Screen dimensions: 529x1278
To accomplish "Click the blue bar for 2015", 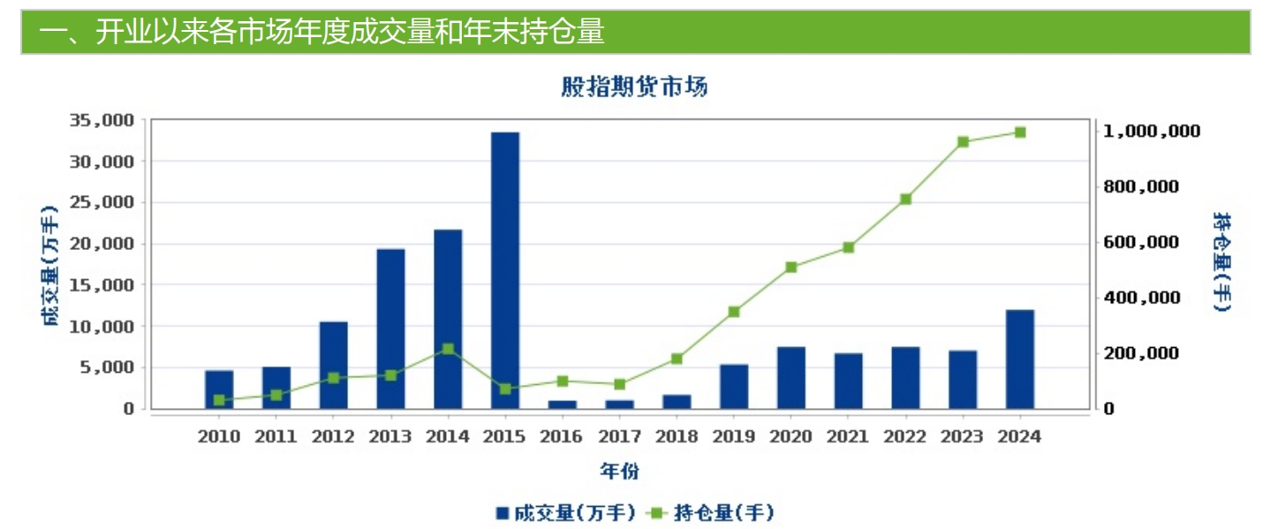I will (x=505, y=269).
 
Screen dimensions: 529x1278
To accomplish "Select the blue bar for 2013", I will (x=390, y=328).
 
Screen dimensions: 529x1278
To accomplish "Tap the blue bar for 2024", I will (x=1019, y=359).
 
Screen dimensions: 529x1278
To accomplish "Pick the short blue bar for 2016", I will (x=563, y=404).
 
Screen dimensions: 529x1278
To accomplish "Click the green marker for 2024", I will (x=1019, y=132).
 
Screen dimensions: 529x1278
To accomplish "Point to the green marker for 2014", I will (x=448, y=349).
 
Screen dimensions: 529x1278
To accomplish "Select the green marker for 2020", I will (x=791, y=267).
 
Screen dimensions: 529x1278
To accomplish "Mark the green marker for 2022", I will (x=905, y=200).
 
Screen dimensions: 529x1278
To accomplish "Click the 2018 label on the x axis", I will (x=677, y=436).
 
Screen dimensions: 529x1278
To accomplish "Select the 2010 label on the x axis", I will (x=219, y=436).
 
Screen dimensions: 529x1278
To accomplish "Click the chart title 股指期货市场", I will (x=634, y=87).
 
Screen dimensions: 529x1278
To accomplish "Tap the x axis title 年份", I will (x=620, y=471).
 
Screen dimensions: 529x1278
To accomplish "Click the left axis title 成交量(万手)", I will (x=51, y=265).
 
